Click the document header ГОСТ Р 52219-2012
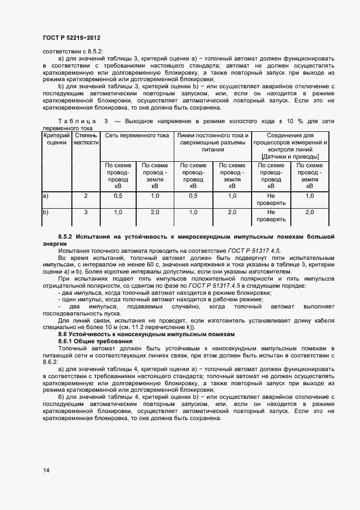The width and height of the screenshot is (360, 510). click(x=71, y=38)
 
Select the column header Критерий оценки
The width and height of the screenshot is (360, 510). click(x=56, y=138)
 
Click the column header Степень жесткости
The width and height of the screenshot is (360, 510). click(x=86, y=138)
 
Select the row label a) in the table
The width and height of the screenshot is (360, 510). click(x=46, y=196)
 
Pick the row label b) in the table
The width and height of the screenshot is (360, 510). click(x=46, y=212)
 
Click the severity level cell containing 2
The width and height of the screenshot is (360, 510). click(x=86, y=196)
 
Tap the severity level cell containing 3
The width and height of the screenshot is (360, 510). click(x=86, y=212)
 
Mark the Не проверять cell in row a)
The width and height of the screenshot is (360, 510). click(x=271, y=199)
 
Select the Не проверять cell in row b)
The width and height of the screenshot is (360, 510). click(x=271, y=216)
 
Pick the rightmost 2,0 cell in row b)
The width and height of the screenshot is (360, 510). click(x=309, y=212)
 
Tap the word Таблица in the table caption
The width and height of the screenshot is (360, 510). click(x=77, y=121)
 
